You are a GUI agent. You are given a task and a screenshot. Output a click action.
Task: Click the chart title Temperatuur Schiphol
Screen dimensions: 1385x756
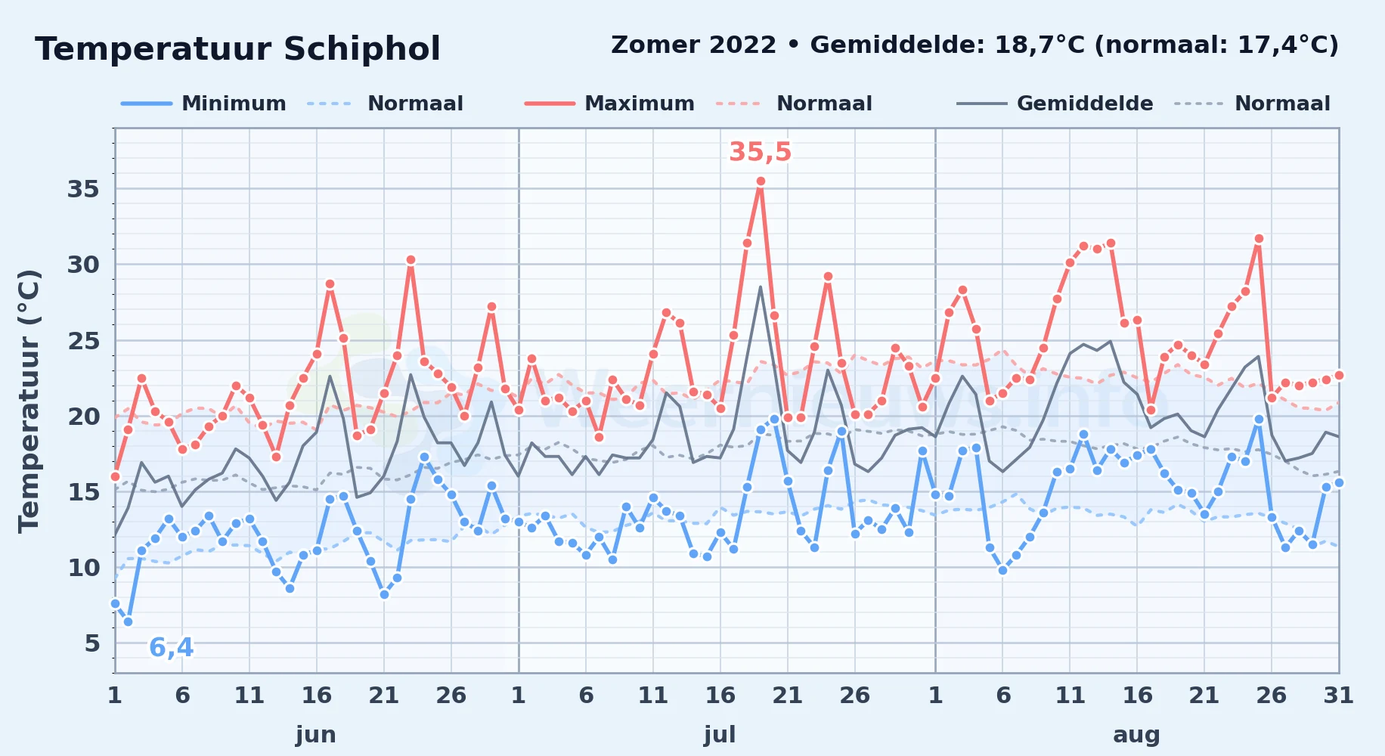coord(237,49)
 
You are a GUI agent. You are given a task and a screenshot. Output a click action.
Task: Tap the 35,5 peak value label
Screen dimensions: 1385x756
coord(760,152)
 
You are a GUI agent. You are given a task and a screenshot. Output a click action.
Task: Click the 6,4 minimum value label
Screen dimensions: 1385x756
coord(171,648)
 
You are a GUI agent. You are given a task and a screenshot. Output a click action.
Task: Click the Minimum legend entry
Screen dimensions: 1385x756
coord(203,104)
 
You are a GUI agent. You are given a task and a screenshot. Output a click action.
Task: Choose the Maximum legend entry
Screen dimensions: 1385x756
coord(609,104)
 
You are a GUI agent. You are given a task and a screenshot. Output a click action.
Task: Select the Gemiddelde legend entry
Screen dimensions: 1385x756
coord(1055,104)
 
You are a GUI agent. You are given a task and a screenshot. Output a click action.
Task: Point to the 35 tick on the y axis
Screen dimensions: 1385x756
coord(83,189)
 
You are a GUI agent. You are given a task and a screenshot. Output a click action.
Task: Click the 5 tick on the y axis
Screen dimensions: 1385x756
coord(92,643)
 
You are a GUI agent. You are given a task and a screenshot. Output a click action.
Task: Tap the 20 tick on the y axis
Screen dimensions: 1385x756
coord(83,417)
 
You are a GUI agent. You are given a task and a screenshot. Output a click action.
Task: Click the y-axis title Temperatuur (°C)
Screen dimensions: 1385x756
coord(29,401)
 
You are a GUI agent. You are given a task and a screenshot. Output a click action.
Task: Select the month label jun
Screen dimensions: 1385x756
coord(316,734)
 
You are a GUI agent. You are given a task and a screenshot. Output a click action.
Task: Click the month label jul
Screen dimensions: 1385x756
coord(720,734)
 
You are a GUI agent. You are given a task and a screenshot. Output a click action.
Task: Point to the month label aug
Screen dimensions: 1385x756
coord(1136,734)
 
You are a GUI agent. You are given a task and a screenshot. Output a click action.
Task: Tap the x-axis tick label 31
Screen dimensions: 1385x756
coord(1338,696)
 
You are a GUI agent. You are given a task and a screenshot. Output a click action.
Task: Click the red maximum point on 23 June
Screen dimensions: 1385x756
coord(411,260)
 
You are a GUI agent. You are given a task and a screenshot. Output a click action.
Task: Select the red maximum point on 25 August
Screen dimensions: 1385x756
coord(1259,239)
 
